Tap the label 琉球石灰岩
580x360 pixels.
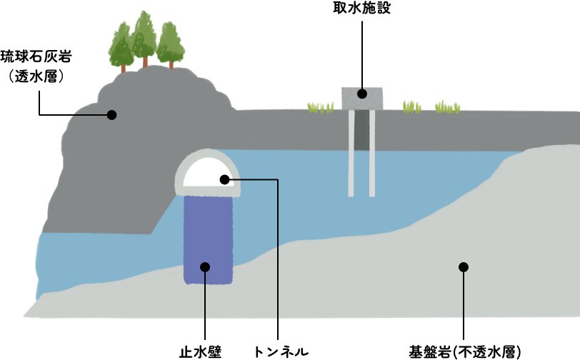pos(38,55)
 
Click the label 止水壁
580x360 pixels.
pos(202,351)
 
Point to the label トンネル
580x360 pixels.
pos(281,351)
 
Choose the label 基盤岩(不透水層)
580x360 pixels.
pos(466,351)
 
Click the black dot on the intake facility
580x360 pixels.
pos(362,94)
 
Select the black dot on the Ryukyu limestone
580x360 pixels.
pos(111,114)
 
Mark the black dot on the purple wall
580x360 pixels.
pos(205,266)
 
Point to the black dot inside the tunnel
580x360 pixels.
pos(224,179)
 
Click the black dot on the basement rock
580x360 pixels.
pos(463,266)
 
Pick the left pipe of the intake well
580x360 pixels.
pos(351,154)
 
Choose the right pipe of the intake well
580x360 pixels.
pos(372,154)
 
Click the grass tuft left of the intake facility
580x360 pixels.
pos(320,107)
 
